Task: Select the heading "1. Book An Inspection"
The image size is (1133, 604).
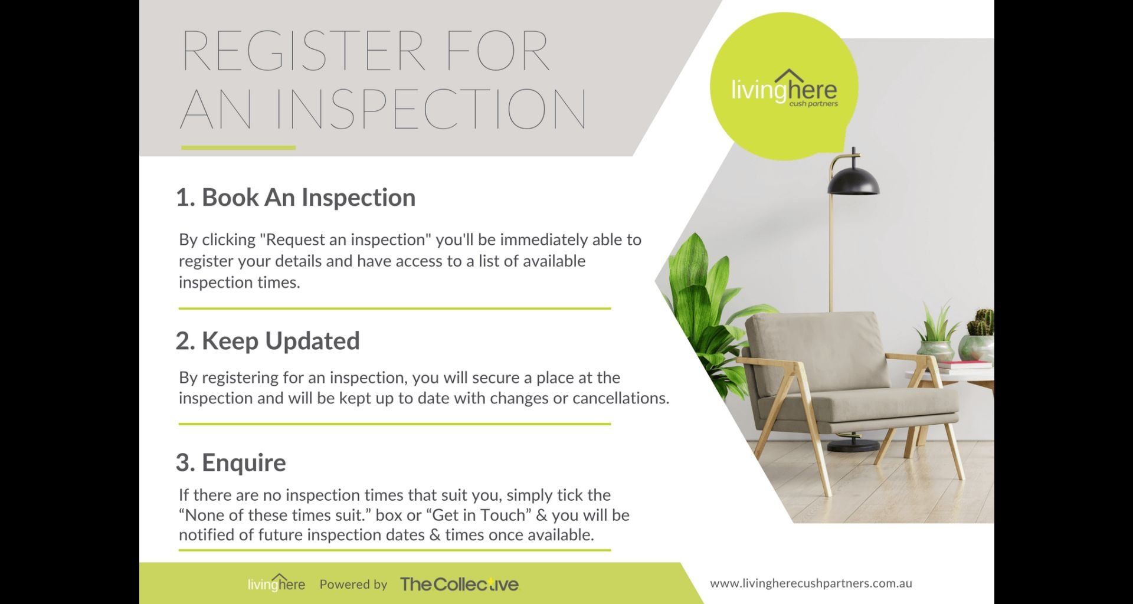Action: point(296,197)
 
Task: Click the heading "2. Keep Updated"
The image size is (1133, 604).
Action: point(267,341)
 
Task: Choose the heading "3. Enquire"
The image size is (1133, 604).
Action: point(231,462)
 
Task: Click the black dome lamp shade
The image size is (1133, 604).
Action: point(853,180)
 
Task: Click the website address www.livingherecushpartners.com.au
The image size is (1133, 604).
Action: point(811,583)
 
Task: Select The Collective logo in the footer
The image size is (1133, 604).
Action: point(459,584)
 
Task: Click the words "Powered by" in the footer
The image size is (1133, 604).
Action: point(353,585)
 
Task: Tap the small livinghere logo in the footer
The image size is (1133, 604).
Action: point(276,583)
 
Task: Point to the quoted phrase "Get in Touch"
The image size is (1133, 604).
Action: point(479,515)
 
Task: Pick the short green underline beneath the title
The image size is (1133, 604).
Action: point(238,147)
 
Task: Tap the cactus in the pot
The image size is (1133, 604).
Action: point(981,323)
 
